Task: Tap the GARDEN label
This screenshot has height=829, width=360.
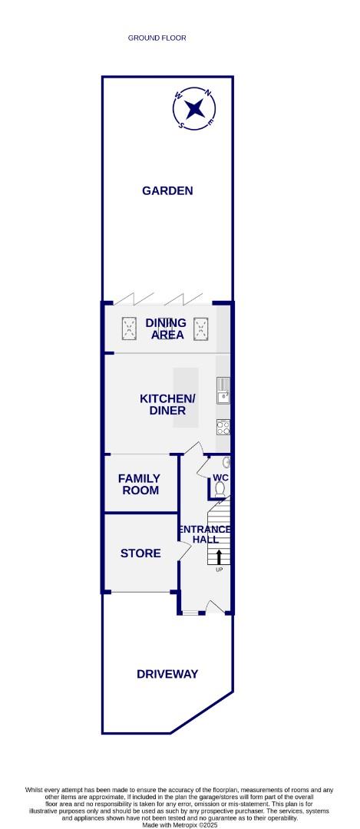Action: click(x=167, y=191)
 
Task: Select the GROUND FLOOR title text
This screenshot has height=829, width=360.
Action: click(x=157, y=38)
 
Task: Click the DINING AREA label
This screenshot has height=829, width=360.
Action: click(x=166, y=329)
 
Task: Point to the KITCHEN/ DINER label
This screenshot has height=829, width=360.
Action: click(x=167, y=405)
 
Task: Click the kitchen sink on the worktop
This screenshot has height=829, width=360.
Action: click(x=223, y=391)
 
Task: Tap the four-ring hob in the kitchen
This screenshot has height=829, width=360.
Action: click(x=223, y=428)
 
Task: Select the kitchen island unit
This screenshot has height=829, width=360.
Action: click(x=186, y=398)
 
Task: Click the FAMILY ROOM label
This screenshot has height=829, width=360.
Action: click(x=139, y=484)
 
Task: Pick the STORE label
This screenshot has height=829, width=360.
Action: click(x=140, y=553)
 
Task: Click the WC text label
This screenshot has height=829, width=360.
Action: click(x=221, y=478)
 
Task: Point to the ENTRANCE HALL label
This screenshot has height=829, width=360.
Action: click(x=205, y=534)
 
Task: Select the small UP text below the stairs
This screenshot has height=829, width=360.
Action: click(x=219, y=570)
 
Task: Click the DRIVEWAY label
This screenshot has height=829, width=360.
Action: click(x=167, y=674)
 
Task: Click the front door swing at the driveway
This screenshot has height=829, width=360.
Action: click(x=216, y=607)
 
